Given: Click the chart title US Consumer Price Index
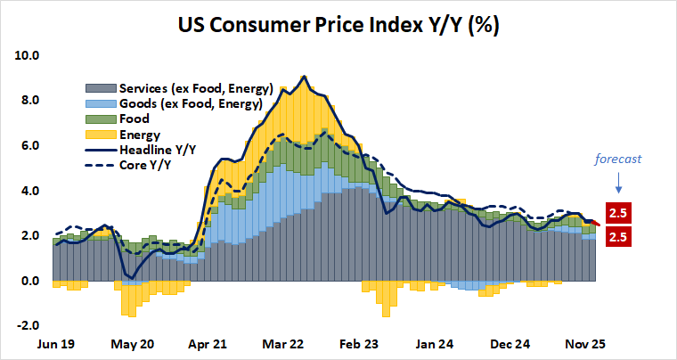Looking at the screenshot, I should pos(338,24).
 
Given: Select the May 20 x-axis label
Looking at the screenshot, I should pos(134,343).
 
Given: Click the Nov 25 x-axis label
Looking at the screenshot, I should pos(588,343).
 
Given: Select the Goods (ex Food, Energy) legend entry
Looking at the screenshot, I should pos(177,103).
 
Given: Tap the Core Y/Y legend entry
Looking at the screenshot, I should pos(143,165).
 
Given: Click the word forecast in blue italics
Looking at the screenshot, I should pos(618,160).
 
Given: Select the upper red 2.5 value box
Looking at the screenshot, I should pos(618,213).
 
